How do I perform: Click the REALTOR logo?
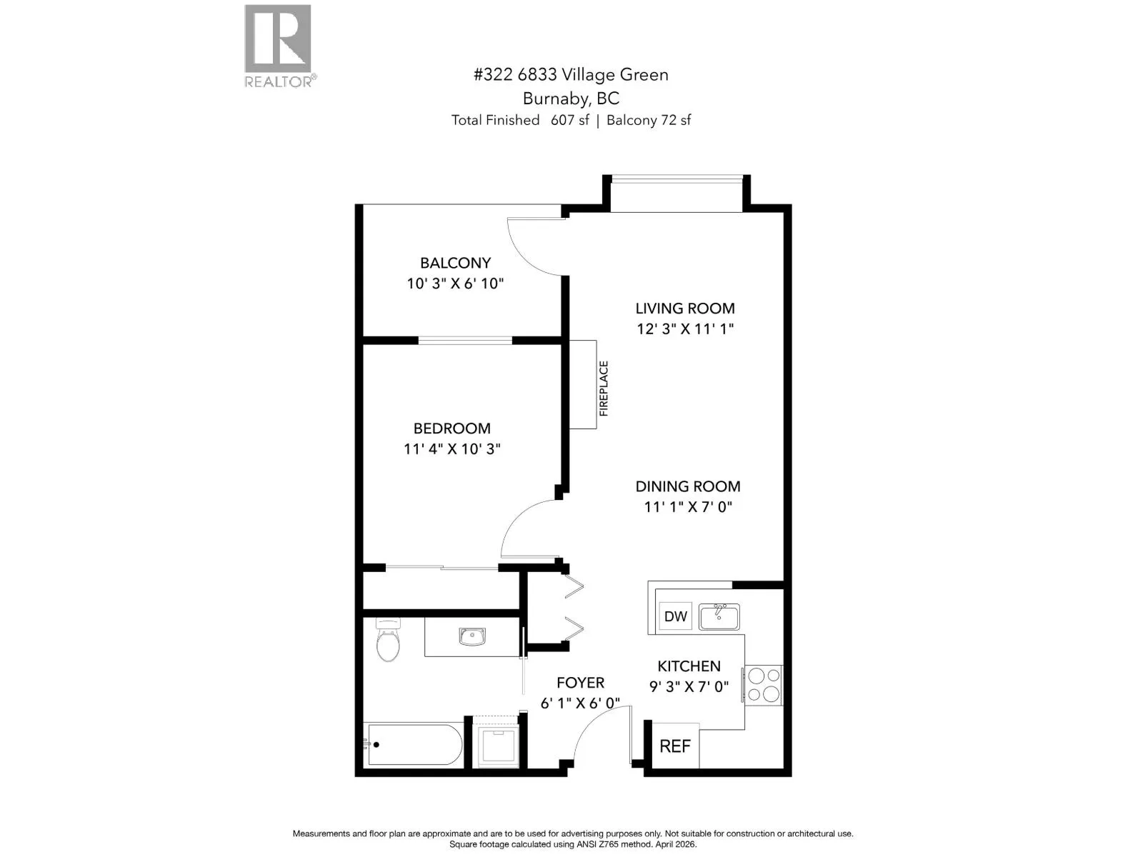click(280, 46)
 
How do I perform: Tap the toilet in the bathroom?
click(388, 639)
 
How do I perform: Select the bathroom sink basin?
click(472, 636)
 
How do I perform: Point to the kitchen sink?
click(719, 616)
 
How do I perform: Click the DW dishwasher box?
click(675, 616)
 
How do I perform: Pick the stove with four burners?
click(764, 686)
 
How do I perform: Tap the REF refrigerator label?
click(675, 746)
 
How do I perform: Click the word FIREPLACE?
click(604, 389)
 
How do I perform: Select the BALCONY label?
click(456, 263)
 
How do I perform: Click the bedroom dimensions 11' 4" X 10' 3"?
click(452, 448)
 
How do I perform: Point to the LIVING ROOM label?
click(685, 308)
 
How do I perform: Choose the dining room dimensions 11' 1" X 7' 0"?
click(688, 506)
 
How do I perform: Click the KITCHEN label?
click(689, 666)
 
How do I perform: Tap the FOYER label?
click(581, 683)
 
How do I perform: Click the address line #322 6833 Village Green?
click(571, 75)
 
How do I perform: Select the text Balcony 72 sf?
click(649, 120)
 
